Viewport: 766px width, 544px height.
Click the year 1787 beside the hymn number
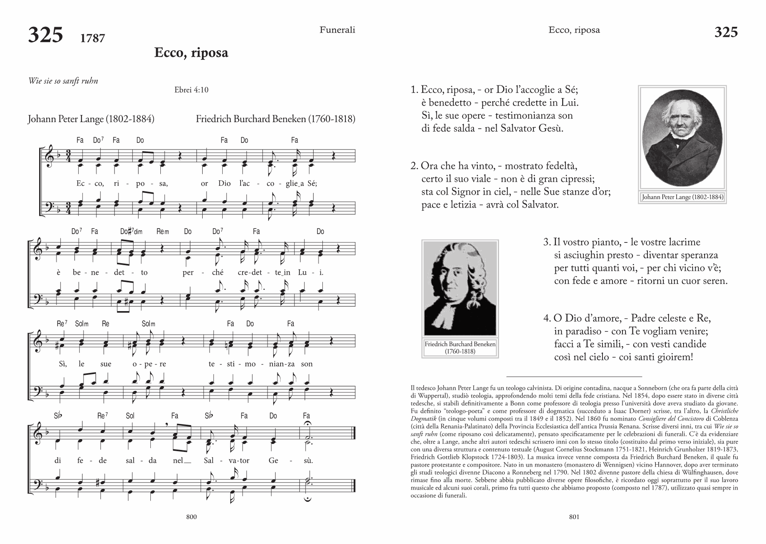[x=92, y=38]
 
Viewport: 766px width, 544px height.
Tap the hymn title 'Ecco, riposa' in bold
[x=191, y=53]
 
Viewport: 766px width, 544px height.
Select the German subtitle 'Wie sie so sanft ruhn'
[x=63, y=81]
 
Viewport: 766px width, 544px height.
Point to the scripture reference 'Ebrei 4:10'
[x=191, y=90]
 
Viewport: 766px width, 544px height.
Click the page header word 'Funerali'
[x=337, y=30]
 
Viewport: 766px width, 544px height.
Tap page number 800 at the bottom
[x=191, y=517]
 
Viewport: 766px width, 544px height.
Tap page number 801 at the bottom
[x=574, y=517]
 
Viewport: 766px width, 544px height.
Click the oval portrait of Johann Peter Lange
[x=682, y=138]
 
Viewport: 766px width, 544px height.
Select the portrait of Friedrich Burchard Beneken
[x=460, y=288]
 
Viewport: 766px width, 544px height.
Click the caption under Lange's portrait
[x=682, y=197]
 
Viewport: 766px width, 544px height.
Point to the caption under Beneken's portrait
[x=460, y=347]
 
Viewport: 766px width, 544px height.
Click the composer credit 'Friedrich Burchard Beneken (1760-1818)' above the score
[x=275, y=119]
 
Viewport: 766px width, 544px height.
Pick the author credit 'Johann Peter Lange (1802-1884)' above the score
[x=91, y=119]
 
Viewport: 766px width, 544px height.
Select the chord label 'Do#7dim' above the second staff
[x=131, y=231]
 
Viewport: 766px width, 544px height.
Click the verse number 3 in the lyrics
[x=546, y=242]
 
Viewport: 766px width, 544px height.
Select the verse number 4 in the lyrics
[x=546, y=319]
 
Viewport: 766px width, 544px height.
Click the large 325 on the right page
[x=726, y=32]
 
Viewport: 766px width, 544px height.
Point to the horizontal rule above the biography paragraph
[x=574, y=376]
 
